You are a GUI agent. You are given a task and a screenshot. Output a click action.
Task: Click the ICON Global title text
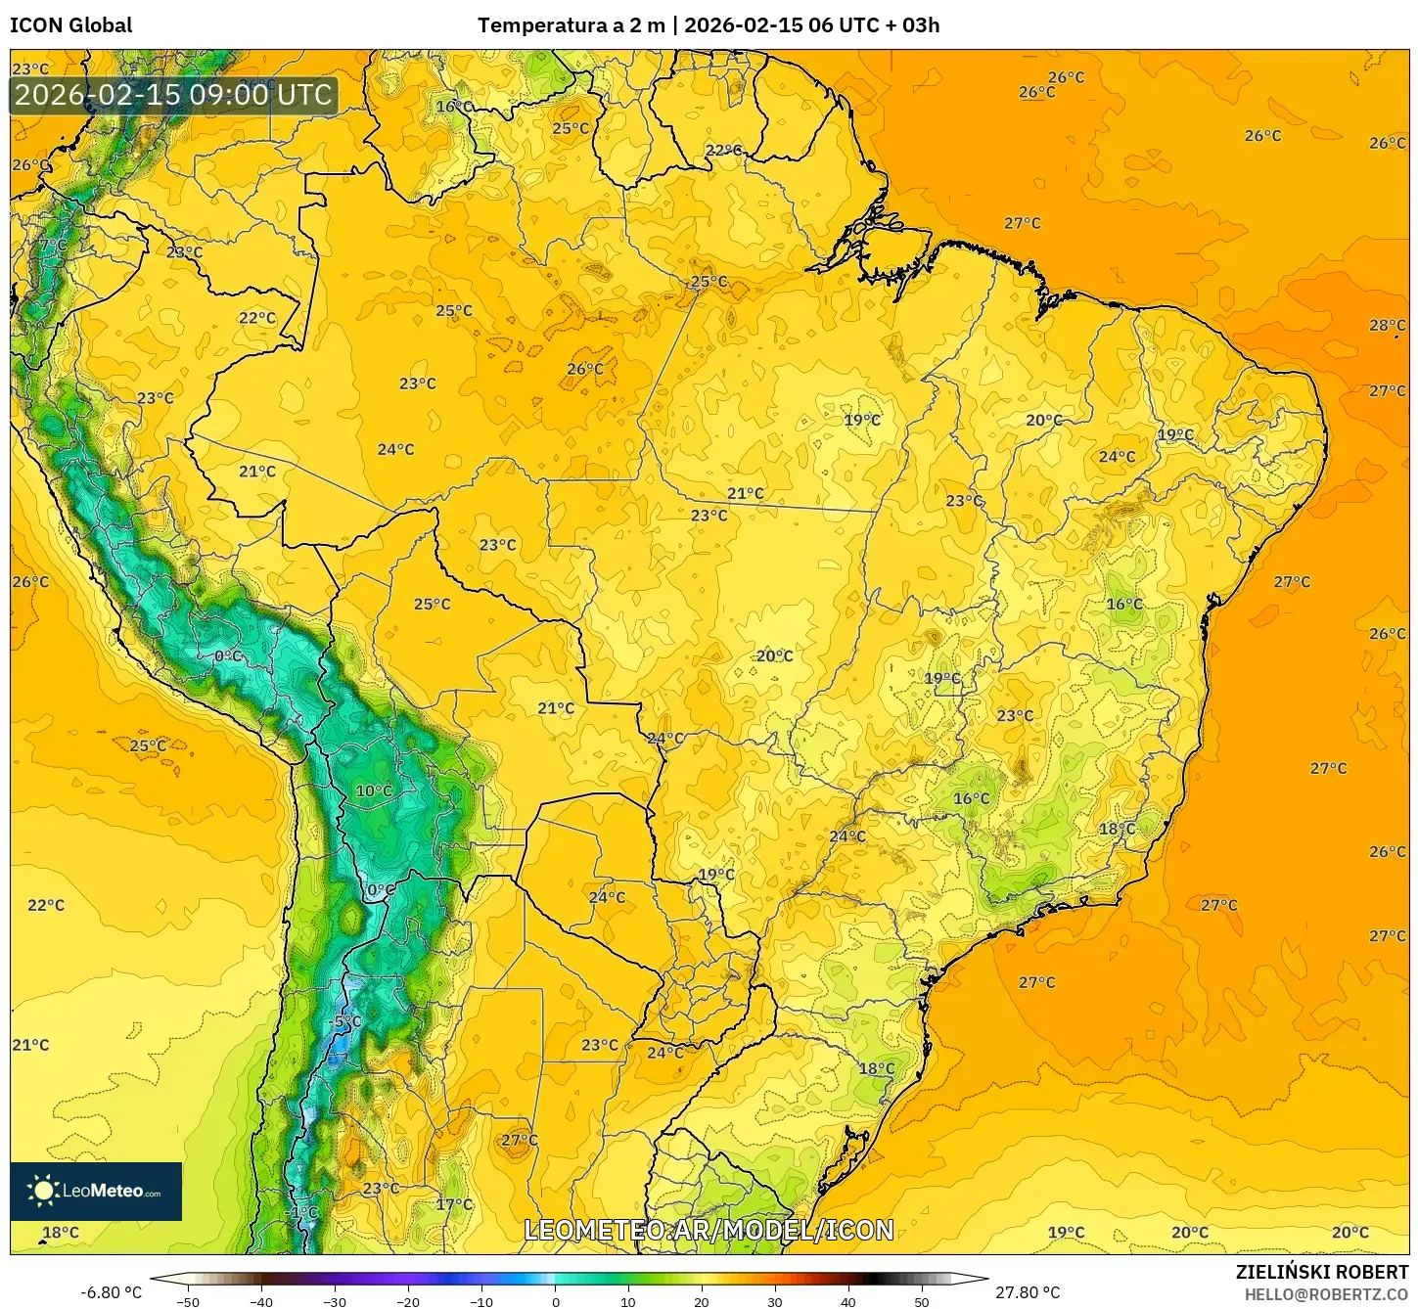(70, 25)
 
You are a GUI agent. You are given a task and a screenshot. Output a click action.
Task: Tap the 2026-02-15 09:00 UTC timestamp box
(173, 95)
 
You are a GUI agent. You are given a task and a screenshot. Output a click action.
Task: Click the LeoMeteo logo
(96, 1191)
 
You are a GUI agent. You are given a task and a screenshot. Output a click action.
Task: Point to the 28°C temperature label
(1387, 325)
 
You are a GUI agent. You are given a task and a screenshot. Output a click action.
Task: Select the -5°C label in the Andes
(345, 1021)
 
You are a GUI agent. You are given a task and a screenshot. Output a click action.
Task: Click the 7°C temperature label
(54, 245)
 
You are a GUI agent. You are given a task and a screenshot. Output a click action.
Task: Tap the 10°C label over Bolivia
(374, 790)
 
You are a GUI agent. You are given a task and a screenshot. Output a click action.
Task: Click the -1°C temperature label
(301, 1212)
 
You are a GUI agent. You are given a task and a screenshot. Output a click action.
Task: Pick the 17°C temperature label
(454, 1204)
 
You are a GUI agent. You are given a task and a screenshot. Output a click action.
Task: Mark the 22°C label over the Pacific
(46, 905)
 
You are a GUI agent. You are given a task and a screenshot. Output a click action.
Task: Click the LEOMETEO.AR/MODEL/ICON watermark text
(709, 1230)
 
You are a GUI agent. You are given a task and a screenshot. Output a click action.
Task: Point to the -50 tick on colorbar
(188, 1301)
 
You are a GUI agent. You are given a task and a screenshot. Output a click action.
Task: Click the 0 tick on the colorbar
(555, 1301)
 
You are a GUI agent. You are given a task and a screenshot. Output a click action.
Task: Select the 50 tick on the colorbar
(922, 1301)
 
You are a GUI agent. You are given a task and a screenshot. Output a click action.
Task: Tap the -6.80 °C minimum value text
(111, 1292)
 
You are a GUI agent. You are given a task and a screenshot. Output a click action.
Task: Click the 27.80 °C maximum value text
(1028, 1292)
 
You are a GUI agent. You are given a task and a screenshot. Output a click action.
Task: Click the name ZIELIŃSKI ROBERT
(1321, 1272)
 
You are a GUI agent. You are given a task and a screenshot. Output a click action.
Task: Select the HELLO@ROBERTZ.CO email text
(1326, 1294)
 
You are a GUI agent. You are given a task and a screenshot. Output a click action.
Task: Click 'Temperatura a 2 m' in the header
(571, 25)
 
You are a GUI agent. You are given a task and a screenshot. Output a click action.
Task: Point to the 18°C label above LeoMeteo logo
(60, 1232)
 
